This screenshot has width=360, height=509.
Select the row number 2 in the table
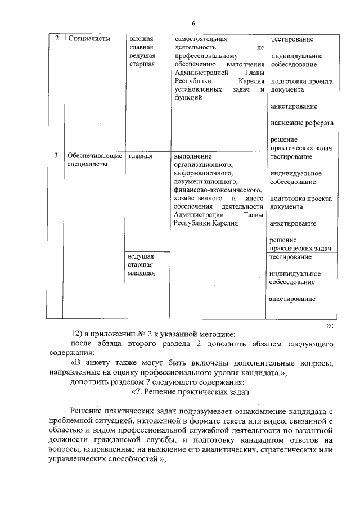pos(56,39)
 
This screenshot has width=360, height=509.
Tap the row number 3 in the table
pos(56,156)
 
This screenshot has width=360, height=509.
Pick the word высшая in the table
pos(142,39)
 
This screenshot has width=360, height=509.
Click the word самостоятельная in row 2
pos(201,39)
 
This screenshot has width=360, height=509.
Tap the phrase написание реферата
pos(301,123)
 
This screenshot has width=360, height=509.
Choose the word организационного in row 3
pos(204,165)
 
